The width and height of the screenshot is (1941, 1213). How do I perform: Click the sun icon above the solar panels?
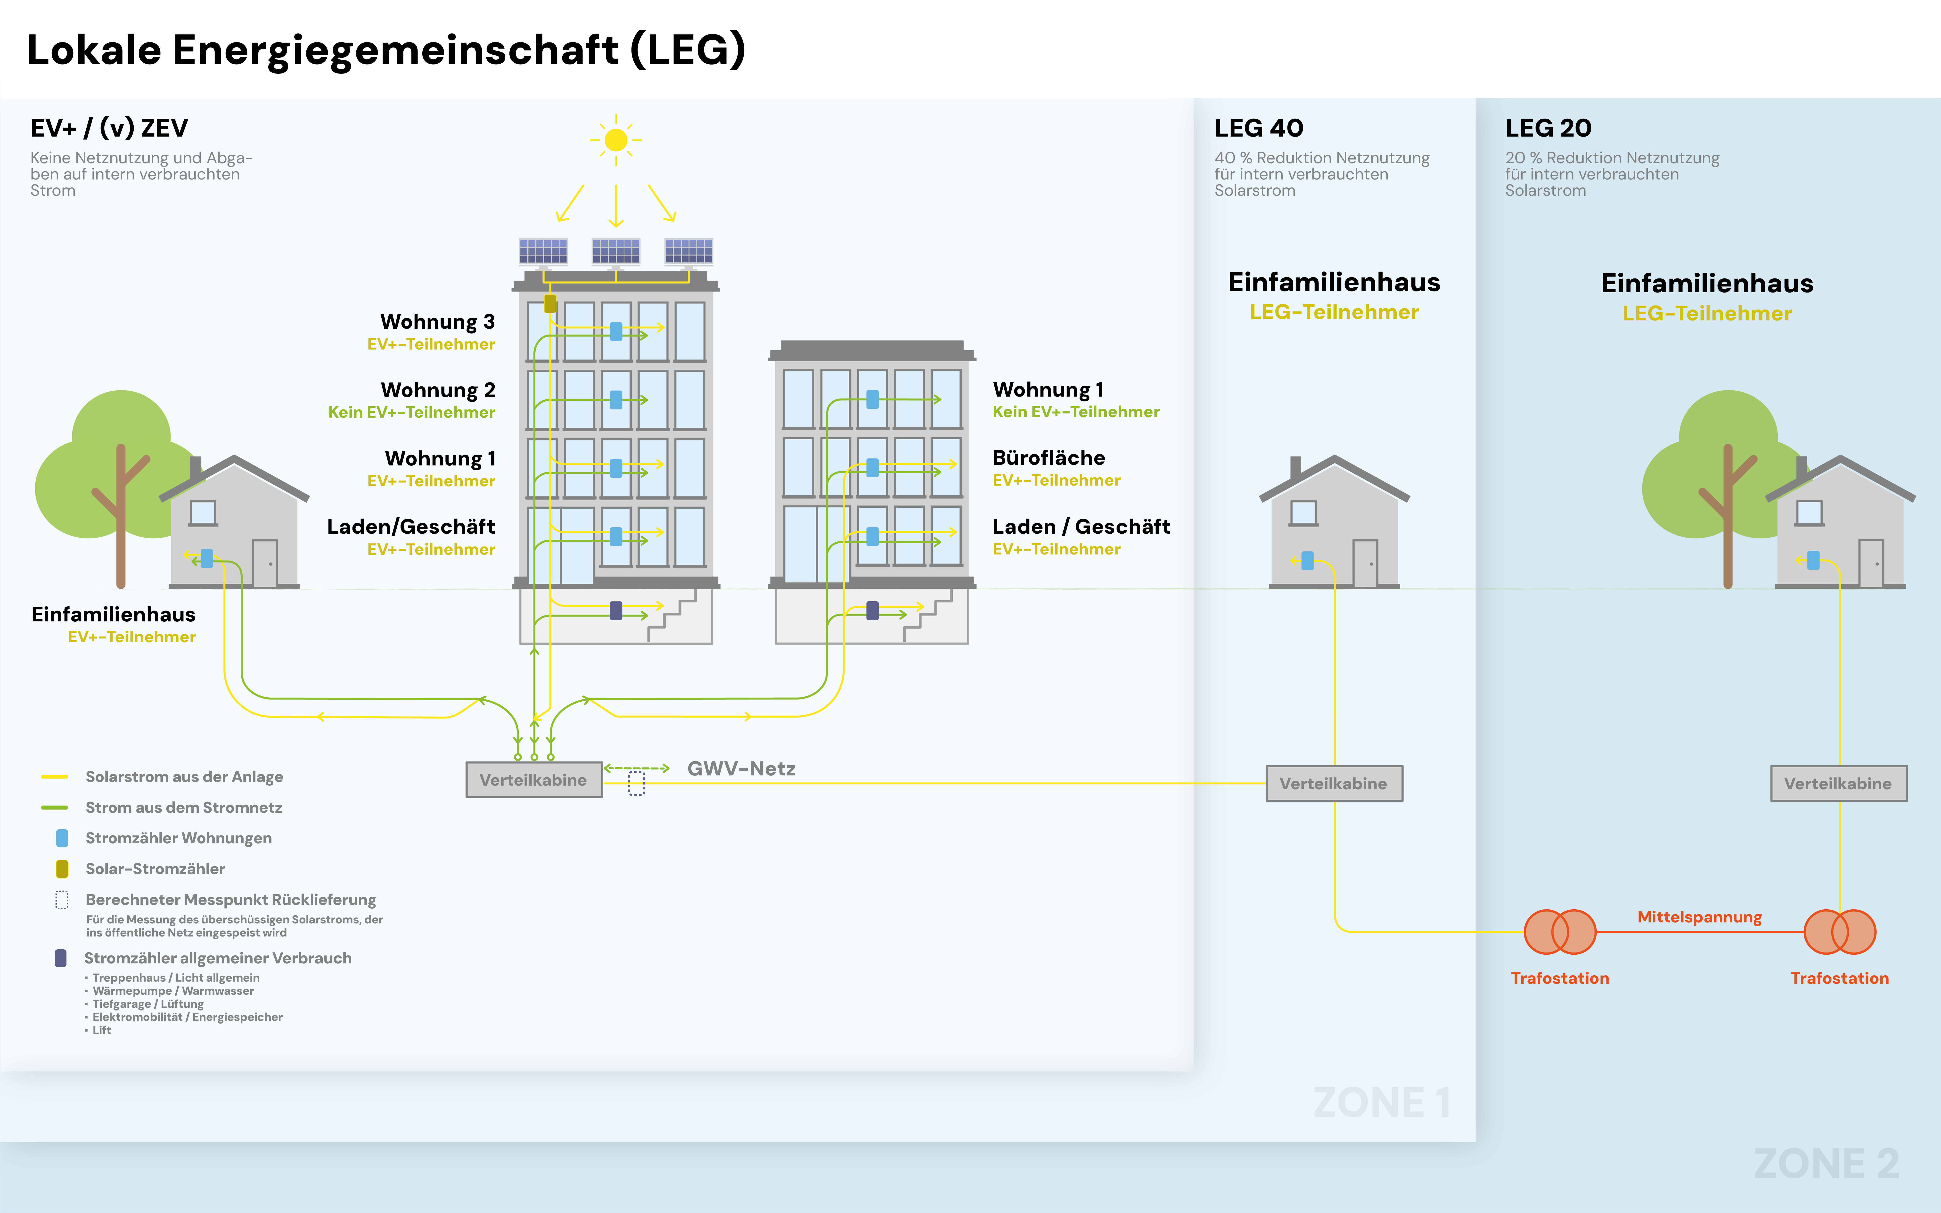click(x=615, y=140)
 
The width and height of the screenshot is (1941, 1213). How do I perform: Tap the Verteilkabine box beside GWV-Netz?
click(x=534, y=780)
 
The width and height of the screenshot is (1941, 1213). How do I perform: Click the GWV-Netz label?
click(x=741, y=769)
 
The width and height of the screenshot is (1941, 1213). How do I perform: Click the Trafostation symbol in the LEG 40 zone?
click(x=1560, y=931)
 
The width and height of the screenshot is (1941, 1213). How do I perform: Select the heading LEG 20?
click(x=1548, y=128)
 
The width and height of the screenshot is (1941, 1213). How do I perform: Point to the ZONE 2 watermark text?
click(x=1826, y=1163)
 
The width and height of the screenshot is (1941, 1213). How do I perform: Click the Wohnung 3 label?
click(x=437, y=322)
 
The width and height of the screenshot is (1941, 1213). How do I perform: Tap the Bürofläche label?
click(x=1049, y=458)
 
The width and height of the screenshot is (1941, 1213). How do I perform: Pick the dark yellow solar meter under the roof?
click(x=550, y=303)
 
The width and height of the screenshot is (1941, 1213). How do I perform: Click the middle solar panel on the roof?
click(x=615, y=251)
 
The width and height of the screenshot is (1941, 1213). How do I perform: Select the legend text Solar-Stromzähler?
click(x=155, y=869)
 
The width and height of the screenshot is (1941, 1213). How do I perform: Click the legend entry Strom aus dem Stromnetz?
click(x=184, y=807)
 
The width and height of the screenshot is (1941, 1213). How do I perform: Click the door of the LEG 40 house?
click(x=1365, y=563)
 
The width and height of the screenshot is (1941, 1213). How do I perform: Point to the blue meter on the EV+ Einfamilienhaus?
click(x=207, y=558)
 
